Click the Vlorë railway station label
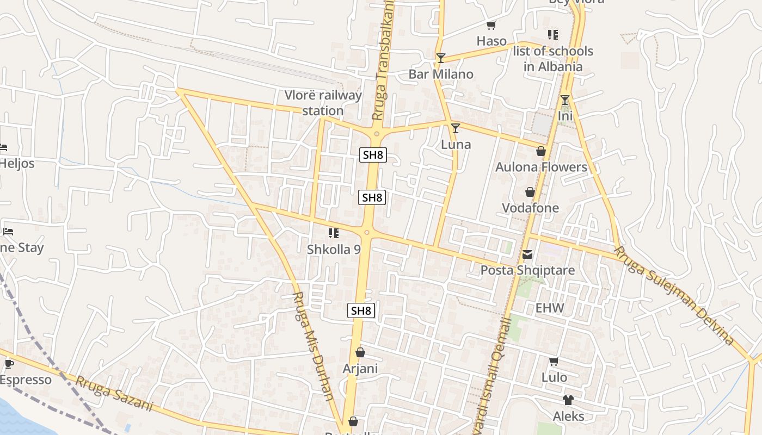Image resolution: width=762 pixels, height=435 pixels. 323,103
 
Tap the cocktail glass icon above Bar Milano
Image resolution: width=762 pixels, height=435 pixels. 441,58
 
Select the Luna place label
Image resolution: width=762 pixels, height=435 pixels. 456,145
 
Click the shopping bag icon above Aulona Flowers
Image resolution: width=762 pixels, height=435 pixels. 541,151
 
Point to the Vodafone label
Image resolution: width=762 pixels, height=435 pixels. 530,208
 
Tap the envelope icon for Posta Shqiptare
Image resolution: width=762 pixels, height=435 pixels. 527,254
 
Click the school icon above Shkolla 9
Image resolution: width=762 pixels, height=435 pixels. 334,233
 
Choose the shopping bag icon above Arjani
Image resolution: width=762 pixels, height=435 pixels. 360,353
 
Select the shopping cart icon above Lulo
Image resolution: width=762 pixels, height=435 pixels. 554,361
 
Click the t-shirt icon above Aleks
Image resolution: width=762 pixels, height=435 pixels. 568,400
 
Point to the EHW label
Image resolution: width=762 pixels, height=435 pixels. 550,308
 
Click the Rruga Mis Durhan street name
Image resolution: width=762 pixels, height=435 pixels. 313,346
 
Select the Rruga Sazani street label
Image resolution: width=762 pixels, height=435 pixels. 114,394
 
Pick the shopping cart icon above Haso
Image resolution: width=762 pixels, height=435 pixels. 491,25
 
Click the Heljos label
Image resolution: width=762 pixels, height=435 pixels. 17,163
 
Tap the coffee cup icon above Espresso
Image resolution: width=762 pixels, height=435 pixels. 9,364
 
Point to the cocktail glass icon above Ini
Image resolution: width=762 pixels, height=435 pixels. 565,100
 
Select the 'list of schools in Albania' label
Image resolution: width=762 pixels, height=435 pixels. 553,59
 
